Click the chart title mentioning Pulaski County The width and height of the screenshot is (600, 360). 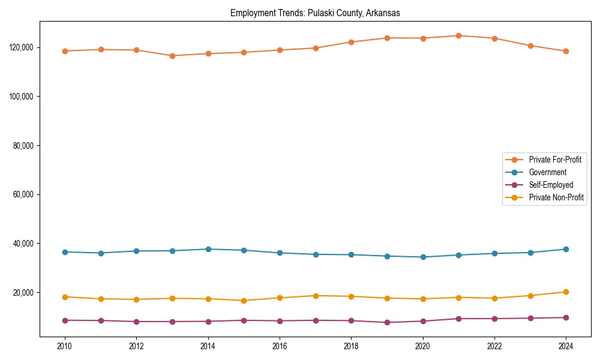tap(315, 13)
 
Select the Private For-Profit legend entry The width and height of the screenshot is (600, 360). tap(555, 160)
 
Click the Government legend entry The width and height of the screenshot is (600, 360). tap(547, 172)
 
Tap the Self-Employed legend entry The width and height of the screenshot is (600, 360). tap(551, 185)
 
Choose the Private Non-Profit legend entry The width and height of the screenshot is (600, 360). tap(556, 197)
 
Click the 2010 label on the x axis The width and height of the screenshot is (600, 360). tap(65, 346)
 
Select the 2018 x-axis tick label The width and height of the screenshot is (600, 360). tap(351, 346)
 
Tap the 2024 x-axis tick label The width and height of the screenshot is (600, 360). tap(566, 346)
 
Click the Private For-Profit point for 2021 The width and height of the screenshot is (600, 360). tap(458, 35)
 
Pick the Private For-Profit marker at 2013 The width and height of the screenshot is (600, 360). tap(172, 56)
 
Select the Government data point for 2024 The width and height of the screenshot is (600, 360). tap(566, 249)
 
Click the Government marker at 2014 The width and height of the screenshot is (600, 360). tap(208, 249)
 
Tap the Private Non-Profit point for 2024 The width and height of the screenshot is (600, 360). tap(566, 292)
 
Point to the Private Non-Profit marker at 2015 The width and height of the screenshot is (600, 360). tap(244, 301)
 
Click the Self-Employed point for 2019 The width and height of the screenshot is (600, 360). tap(387, 322)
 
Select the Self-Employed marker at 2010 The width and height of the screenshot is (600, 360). tap(65, 320)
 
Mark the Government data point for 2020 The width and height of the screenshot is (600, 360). tap(423, 257)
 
